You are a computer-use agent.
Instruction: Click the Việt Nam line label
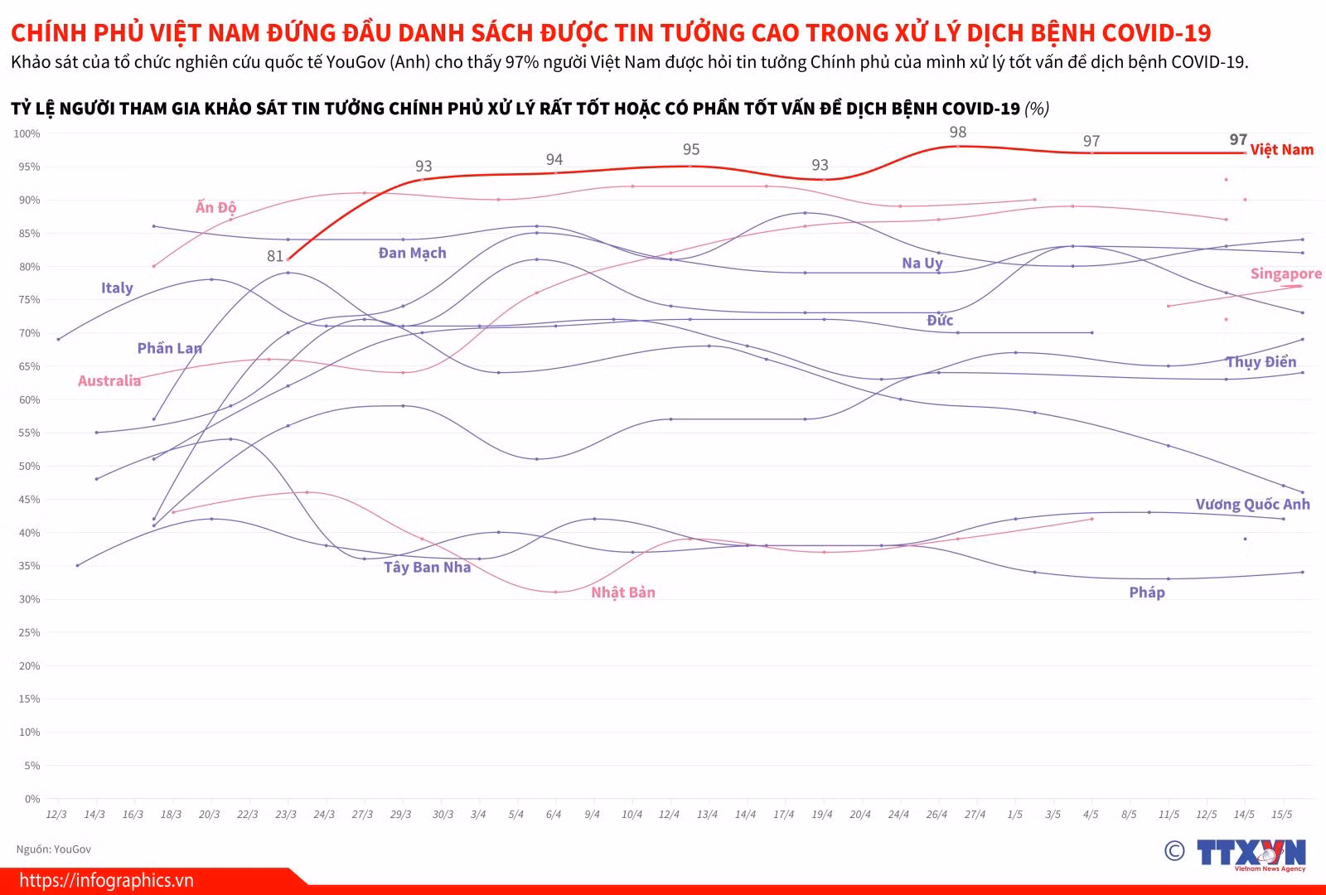(1281, 149)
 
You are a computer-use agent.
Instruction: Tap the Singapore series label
(1285, 273)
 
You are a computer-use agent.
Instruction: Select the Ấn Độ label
(216, 206)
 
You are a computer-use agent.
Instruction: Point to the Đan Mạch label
(412, 253)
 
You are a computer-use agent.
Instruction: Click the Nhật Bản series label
(622, 592)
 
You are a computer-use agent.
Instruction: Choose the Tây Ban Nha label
(427, 567)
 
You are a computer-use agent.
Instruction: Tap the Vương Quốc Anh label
(1252, 504)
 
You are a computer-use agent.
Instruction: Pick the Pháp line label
(1147, 592)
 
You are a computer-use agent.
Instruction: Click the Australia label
(109, 380)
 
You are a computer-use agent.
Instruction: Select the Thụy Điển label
(1261, 361)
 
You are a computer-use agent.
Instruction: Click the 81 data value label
(274, 256)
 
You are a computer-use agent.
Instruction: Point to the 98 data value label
(958, 132)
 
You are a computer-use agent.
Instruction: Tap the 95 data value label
(691, 149)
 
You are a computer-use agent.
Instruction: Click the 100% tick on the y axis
(27, 133)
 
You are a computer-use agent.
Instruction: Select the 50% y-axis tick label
(29, 466)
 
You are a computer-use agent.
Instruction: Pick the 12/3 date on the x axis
(56, 814)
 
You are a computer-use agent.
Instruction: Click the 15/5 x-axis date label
(1281, 814)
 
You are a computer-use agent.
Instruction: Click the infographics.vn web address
(107, 880)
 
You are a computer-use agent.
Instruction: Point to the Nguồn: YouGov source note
(54, 849)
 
